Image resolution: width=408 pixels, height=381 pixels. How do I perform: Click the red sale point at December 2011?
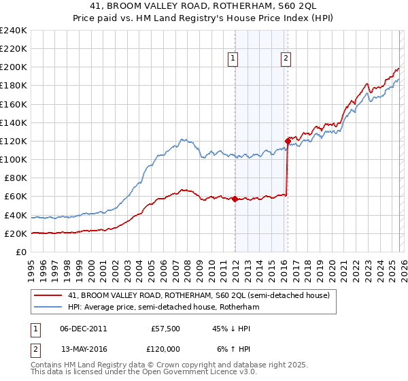click(235, 199)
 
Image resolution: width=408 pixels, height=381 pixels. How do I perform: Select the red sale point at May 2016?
click(288, 142)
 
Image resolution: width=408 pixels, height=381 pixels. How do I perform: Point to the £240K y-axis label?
click(14, 31)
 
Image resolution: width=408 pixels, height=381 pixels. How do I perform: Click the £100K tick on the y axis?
click(14, 159)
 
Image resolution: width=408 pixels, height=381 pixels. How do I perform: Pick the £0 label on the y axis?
click(20, 252)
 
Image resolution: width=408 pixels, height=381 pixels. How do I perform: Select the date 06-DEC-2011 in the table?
click(83, 328)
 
